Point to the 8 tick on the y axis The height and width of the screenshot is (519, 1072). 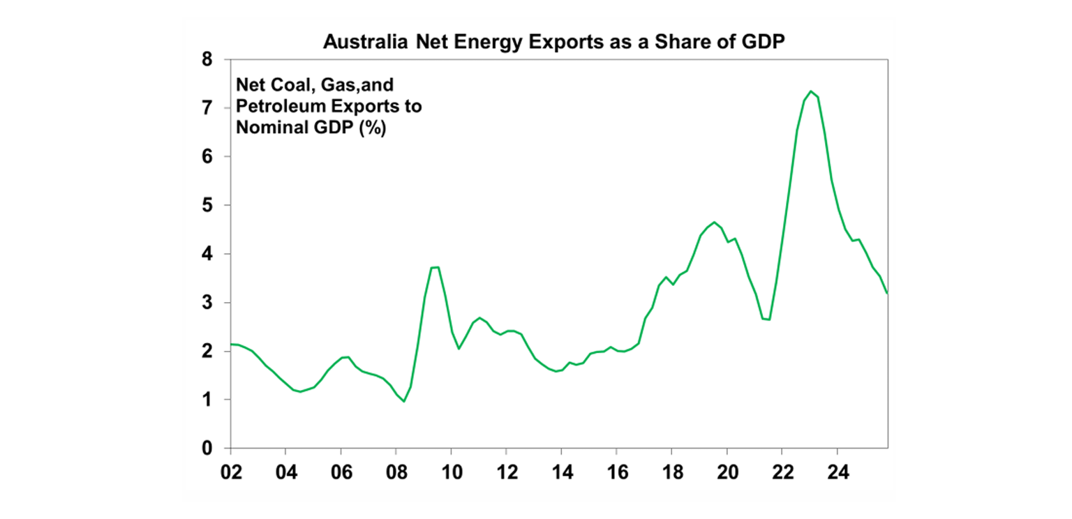coord(207,60)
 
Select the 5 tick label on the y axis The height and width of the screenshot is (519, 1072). coord(207,206)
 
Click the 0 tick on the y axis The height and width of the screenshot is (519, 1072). coord(207,449)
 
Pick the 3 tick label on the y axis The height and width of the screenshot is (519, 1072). coord(207,303)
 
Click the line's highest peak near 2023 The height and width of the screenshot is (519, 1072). coord(810,91)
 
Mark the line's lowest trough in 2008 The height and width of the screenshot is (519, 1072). coord(403,401)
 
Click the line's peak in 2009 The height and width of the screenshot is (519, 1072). coord(435,267)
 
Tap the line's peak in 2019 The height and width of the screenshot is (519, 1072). coord(713,223)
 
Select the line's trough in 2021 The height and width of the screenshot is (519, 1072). coord(768,319)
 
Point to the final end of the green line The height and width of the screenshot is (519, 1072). coord(887,294)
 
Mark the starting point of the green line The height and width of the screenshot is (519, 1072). coord(231,344)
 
